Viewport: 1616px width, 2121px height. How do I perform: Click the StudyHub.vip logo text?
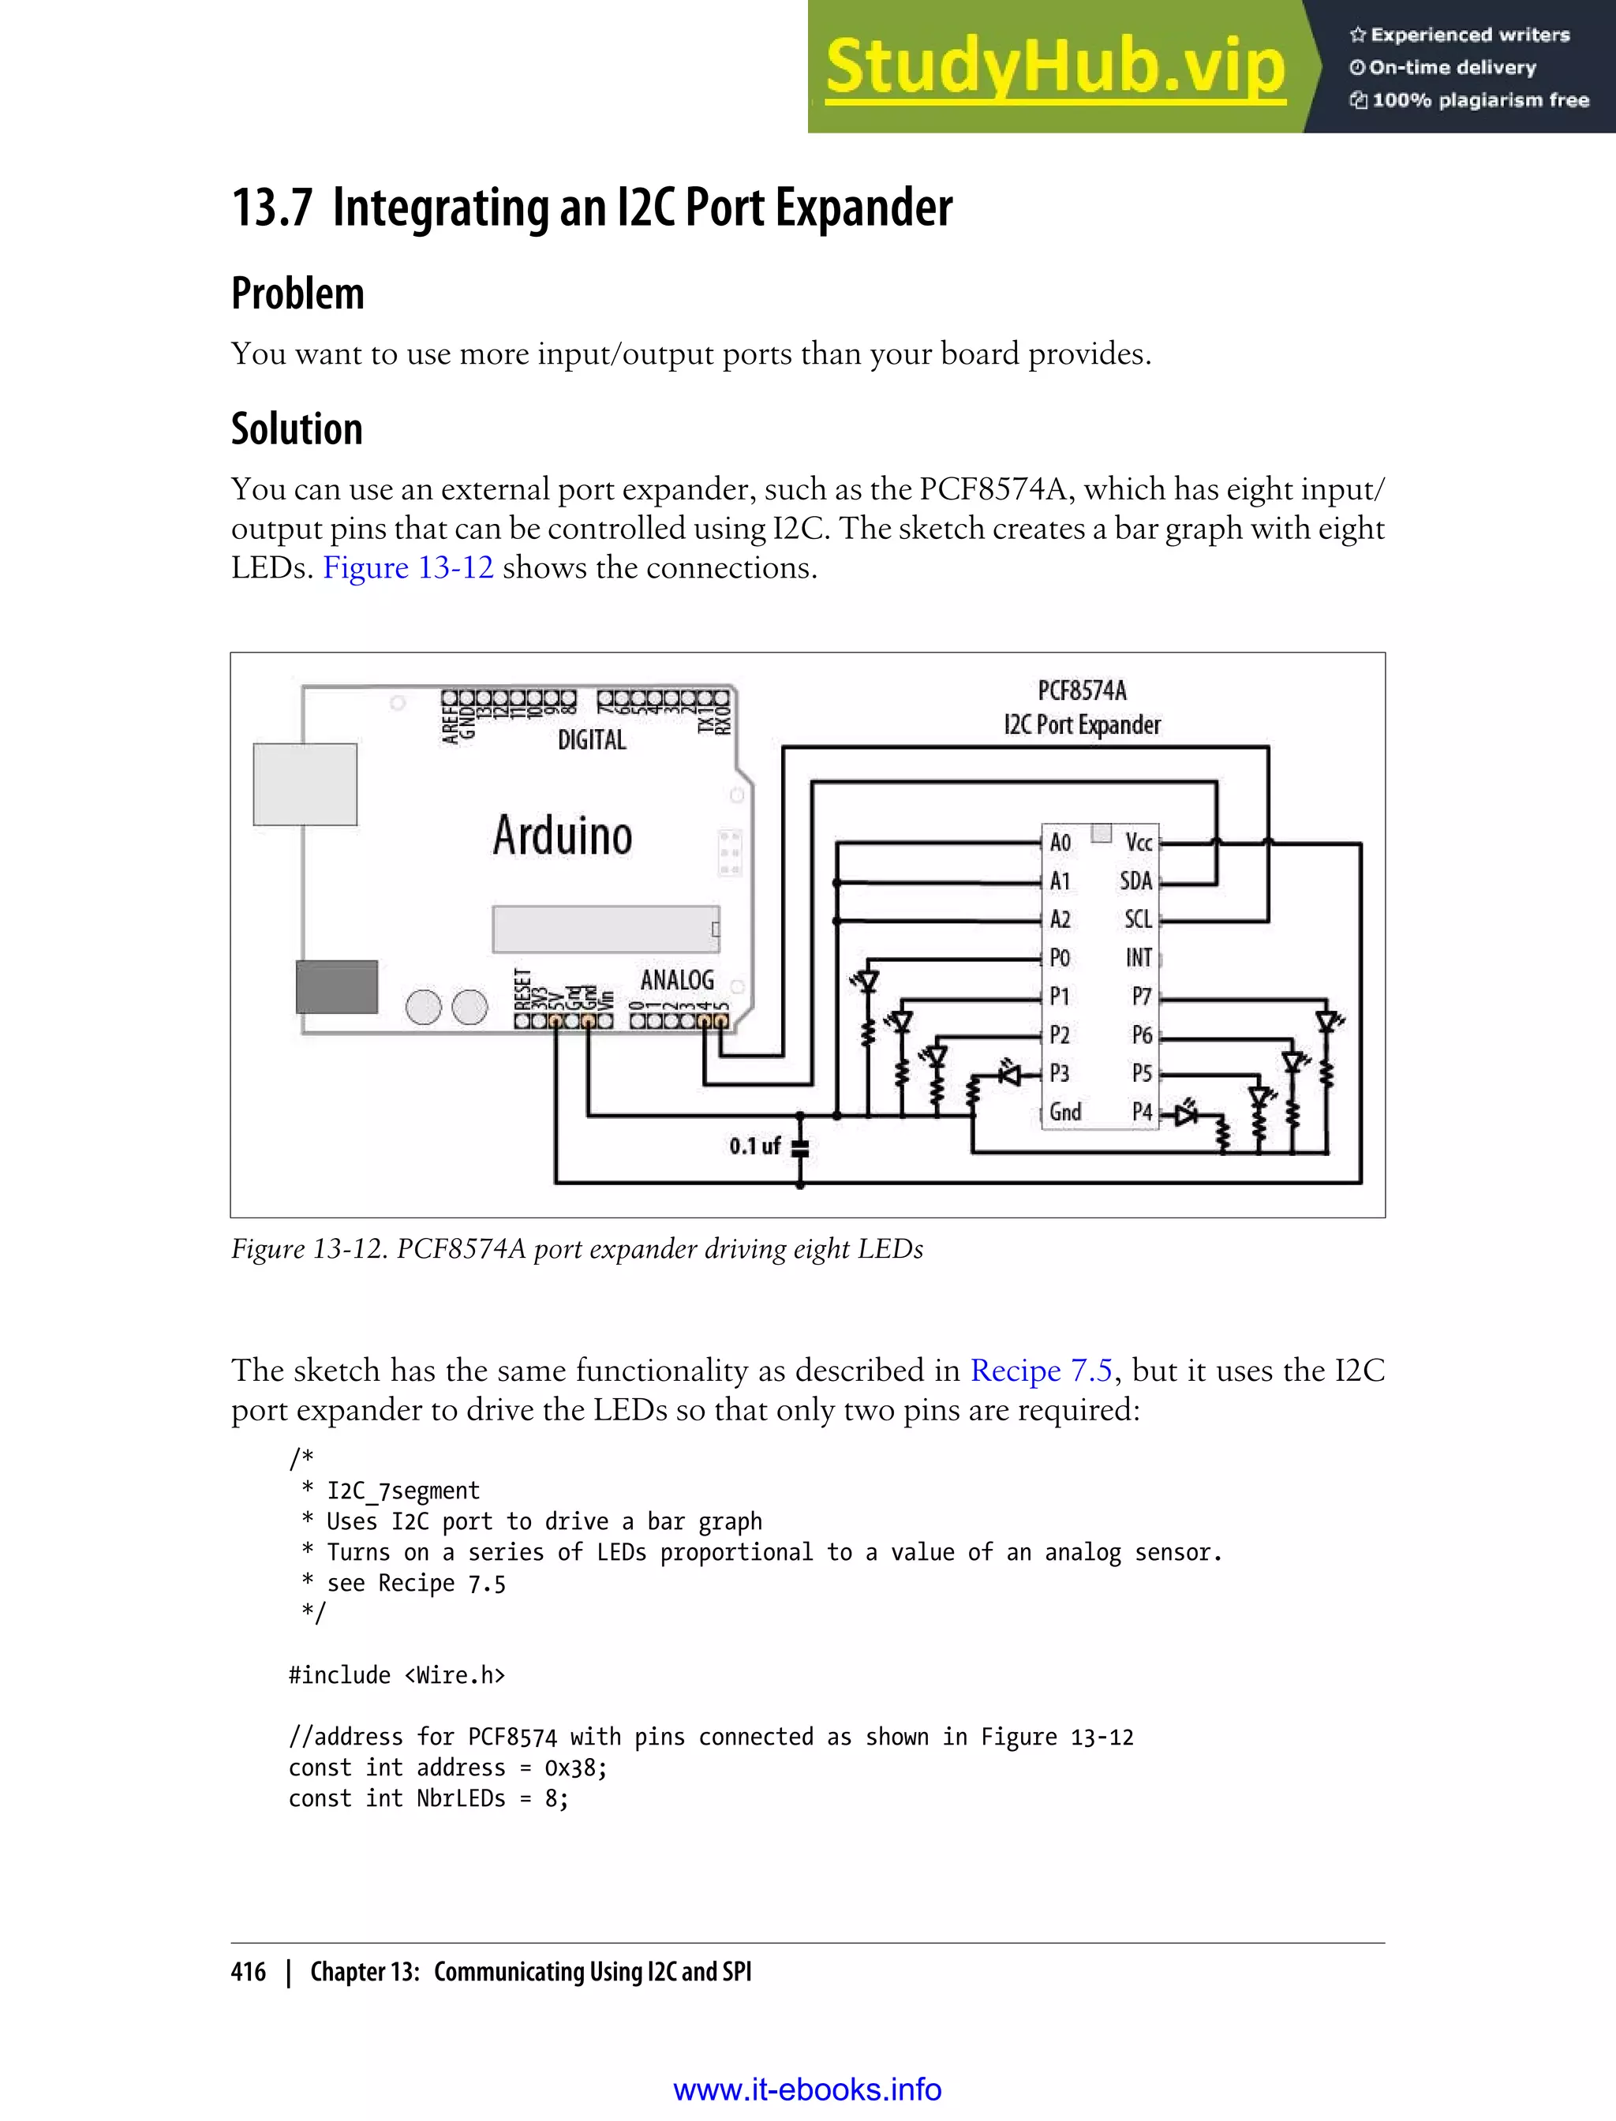[x=1055, y=67]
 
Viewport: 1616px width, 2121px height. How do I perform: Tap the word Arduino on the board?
[x=563, y=835]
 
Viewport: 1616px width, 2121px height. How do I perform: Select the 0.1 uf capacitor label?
[x=754, y=1146]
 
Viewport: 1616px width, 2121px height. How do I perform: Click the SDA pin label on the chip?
[x=1136, y=881]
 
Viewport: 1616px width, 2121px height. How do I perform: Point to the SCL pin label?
[x=1138, y=919]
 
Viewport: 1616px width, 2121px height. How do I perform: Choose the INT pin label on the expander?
[x=1139, y=958]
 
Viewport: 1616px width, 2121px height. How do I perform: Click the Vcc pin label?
[x=1139, y=843]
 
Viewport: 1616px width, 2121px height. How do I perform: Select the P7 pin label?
[x=1142, y=997]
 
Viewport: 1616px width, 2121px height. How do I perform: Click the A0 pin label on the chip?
[x=1060, y=843]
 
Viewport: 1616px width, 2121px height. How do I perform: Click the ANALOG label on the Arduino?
[x=677, y=980]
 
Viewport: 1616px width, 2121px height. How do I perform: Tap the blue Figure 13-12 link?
[x=408, y=567]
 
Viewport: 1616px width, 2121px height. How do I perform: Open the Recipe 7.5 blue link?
[x=1041, y=1370]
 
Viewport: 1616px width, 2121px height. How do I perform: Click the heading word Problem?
[x=298, y=294]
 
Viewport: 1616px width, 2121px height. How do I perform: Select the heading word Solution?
[x=297, y=429]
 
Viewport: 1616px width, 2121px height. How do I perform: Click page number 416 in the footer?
[x=249, y=1972]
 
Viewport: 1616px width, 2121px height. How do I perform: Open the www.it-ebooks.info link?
[x=807, y=2089]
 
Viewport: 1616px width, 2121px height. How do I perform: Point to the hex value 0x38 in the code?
[x=574, y=1768]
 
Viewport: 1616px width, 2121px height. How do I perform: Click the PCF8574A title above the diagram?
[x=1082, y=690]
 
